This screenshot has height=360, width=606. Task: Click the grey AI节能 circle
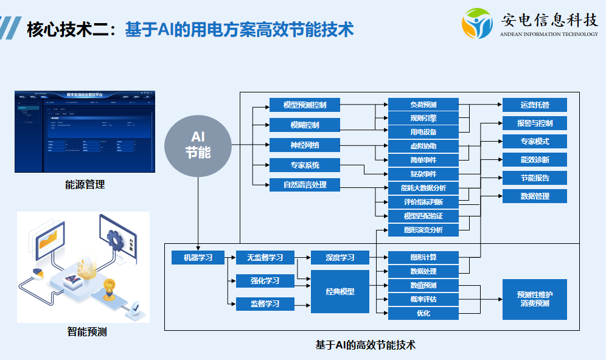[x=198, y=145]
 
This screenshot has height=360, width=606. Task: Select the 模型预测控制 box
[x=304, y=105]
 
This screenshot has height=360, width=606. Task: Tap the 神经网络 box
[x=304, y=145]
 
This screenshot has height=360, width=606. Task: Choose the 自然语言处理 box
[x=304, y=184]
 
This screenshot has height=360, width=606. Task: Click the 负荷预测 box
[x=423, y=105]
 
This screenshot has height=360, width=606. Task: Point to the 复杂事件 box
[x=423, y=174]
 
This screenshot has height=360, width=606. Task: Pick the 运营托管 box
[x=535, y=105]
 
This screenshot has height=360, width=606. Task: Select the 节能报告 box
[x=535, y=178]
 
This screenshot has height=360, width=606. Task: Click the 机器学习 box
[x=198, y=257]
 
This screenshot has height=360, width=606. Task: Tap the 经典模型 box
[x=340, y=291]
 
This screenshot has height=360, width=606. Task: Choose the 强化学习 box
[x=265, y=280]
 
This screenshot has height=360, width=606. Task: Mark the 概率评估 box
[x=423, y=299]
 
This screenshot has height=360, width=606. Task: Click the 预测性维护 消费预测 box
[x=535, y=299]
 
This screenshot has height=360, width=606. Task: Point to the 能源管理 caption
[x=85, y=185]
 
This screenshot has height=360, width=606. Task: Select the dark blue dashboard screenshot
[x=85, y=131]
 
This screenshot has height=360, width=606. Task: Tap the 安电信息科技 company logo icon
[x=477, y=23]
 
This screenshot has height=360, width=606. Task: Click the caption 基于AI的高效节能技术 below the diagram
[x=365, y=345]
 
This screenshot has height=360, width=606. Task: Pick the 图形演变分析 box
[x=423, y=230]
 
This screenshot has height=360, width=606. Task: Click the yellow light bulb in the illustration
[x=110, y=286]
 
